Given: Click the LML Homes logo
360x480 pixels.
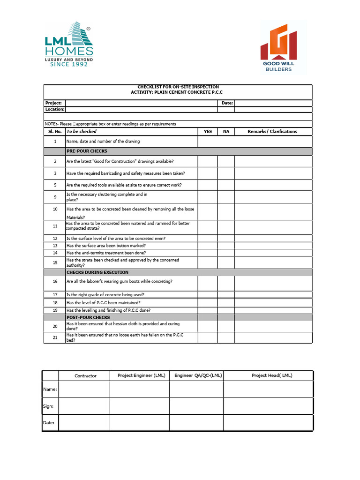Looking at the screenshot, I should [68, 45].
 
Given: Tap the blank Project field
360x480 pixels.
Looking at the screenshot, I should [141, 103].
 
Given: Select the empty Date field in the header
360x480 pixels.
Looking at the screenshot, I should [273, 103].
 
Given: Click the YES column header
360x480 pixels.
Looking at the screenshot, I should [208, 132].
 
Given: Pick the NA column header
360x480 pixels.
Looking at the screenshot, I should [226, 132].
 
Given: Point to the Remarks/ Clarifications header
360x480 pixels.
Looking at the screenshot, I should [272, 132].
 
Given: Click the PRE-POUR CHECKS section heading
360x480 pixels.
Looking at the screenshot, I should [87, 151].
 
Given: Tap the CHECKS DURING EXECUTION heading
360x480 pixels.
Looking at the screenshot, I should [97, 272].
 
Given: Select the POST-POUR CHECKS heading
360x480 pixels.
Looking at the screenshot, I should [88, 317].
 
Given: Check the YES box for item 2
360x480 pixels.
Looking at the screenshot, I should [208, 161].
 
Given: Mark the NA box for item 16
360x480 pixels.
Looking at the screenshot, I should [226, 283].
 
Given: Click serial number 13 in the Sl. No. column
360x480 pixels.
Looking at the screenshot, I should [55, 246].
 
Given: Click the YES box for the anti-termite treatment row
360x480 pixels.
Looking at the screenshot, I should [208, 253].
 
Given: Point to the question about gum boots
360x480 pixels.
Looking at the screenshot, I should [120, 281].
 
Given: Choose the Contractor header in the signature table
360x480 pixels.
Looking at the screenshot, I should [85, 375].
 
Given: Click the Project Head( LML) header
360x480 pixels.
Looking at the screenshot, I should [272, 375].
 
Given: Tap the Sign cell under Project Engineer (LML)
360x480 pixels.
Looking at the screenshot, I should [139, 406].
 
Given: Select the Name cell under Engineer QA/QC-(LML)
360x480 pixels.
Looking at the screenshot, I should [196, 389].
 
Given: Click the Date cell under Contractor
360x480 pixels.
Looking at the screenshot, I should [84, 422].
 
